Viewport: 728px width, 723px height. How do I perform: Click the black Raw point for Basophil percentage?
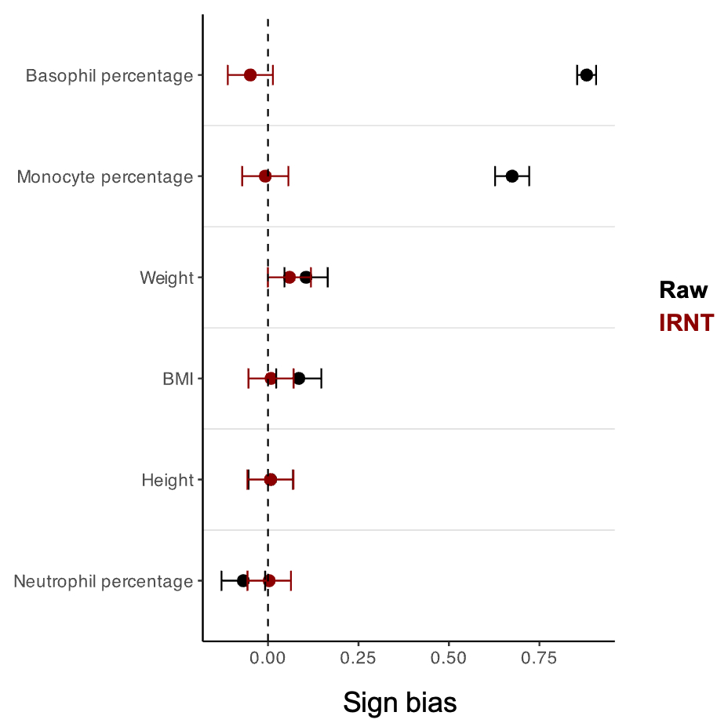[586, 74]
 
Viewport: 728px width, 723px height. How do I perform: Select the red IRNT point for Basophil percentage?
[250, 74]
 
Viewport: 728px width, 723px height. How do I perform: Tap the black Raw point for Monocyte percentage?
[512, 176]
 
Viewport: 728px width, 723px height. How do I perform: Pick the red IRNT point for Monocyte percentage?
[265, 176]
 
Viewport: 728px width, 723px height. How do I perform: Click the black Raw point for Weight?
[306, 277]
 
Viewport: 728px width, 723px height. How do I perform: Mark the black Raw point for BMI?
[299, 378]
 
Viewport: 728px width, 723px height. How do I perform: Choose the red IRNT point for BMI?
[271, 378]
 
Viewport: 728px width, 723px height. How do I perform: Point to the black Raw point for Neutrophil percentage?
[243, 580]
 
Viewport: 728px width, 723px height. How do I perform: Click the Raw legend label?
[683, 290]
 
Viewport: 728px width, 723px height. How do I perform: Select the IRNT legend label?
[686, 323]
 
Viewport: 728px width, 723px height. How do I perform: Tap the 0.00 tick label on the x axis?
[268, 657]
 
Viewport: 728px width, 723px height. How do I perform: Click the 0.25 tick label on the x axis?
[359, 657]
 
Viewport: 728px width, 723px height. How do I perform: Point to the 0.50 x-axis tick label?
[449, 657]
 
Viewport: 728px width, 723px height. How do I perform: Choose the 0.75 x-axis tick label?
[540, 657]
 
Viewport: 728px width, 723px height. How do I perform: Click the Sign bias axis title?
[400, 702]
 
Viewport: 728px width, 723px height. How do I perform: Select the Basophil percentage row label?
[109, 76]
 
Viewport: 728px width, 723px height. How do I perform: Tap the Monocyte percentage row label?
[105, 177]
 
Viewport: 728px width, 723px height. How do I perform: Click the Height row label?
[167, 480]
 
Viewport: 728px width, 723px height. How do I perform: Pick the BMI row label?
[178, 379]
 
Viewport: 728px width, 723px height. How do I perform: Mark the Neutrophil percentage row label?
[104, 582]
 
